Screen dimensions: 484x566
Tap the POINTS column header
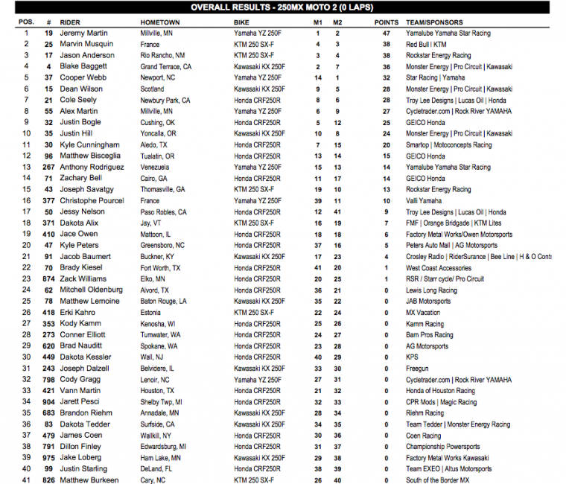pos(386,22)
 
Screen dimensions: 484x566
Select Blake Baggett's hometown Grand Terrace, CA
pos(165,67)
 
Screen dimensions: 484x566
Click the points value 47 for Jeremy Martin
pos(386,34)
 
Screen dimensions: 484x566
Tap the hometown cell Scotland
pos(153,89)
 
